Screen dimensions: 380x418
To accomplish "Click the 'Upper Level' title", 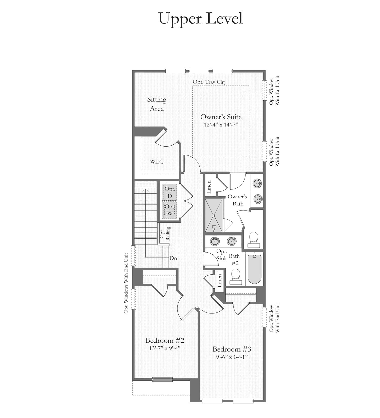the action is pyautogui.click(x=201, y=19).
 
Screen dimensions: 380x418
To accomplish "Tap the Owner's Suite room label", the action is pyautogui.click(x=221, y=117).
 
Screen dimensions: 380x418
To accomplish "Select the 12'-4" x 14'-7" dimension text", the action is pyautogui.click(x=221, y=125).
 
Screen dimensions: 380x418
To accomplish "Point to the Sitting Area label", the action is pyautogui.click(x=157, y=104).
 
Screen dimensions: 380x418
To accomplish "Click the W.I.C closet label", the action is pyautogui.click(x=157, y=162).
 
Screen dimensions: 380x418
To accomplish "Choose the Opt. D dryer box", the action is pyautogui.click(x=170, y=192).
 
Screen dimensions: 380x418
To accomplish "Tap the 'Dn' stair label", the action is pyautogui.click(x=173, y=258).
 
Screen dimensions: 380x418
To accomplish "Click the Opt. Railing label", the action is pyautogui.click(x=165, y=234).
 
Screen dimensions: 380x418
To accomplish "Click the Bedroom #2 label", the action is pyautogui.click(x=165, y=340).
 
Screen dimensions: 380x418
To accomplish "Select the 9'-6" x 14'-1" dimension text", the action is pyautogui.click(x=232, y=357).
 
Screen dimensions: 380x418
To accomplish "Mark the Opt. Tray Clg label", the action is pyautogui.click(x=209, y=82).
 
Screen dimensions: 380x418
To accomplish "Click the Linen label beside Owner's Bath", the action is pyautogui.click(x=209, y=187).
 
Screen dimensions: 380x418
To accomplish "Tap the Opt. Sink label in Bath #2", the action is pyautogui.click(x=222, y=255).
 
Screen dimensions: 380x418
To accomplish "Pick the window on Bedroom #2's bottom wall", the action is pyautogui.click(x=162, y=379).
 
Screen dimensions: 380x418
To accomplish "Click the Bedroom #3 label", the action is pyautogui.click(x=232, y=349).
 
